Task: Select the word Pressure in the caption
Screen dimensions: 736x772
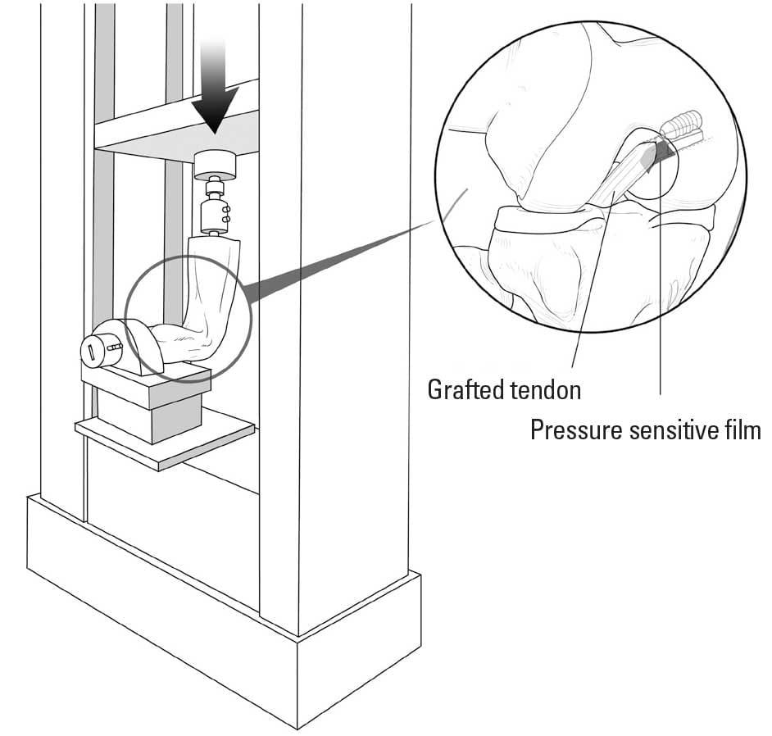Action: point(578,429)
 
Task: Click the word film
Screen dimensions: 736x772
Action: point(747,429)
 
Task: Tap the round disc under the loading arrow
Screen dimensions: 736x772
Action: point(216,166)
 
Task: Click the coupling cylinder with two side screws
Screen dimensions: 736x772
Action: point(215,216)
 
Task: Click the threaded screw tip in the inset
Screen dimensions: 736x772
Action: point(683,127)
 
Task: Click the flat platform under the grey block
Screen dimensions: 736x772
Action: point(164,438)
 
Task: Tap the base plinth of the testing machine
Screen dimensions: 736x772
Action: point(221,623)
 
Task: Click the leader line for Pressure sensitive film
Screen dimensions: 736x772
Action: point(661,311)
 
